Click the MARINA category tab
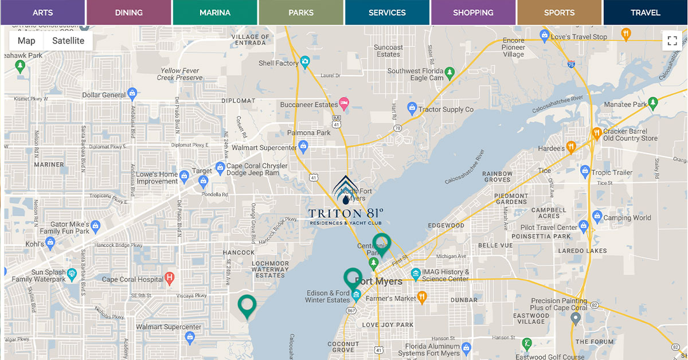[215, 13]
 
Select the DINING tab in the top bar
[128, 13]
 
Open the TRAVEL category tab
[645, 13]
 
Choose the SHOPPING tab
[473, 13]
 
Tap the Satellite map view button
[68, 41]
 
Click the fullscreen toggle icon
[672, 41]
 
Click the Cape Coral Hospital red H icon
[169, 279]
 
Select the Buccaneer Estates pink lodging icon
[344, 104]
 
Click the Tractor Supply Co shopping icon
[412, 108]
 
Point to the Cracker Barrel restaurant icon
[596, 133]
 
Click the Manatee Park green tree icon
[653, 104]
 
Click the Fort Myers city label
[379, 281]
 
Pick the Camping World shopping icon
[596, 217]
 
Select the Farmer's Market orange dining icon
[422, 297]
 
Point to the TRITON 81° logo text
[346, 214]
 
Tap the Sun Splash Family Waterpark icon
[72, 274]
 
